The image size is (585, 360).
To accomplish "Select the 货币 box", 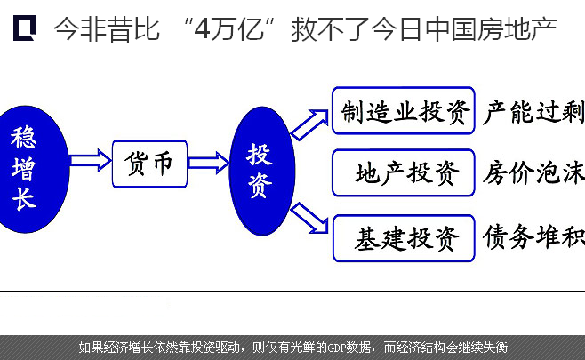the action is tap(149, 164).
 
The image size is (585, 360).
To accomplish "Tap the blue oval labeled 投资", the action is tap(262, 171).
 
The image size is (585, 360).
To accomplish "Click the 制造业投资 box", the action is tap(404, 110).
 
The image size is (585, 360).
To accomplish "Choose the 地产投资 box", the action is tap(404, 172).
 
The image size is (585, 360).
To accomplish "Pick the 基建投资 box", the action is tap(404, 238).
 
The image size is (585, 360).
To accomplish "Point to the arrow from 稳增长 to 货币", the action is tap(91, 160).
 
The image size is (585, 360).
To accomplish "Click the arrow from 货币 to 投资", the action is tap(209, 163).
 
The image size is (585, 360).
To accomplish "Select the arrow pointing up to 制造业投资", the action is tap(309, 124).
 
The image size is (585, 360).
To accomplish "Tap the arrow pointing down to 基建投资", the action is tap(309, 218).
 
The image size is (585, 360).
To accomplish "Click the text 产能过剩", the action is tap(533, 112).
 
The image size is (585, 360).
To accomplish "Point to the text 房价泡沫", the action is tap(533, 172).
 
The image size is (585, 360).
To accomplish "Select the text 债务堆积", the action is tap(533, 236).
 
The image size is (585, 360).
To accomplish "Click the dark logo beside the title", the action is tap(24, 28).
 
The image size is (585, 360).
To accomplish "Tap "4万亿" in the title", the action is tap(229, 28).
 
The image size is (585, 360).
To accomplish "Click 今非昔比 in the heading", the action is tap(107, 28).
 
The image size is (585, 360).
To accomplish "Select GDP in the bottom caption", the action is tap(337, 348).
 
